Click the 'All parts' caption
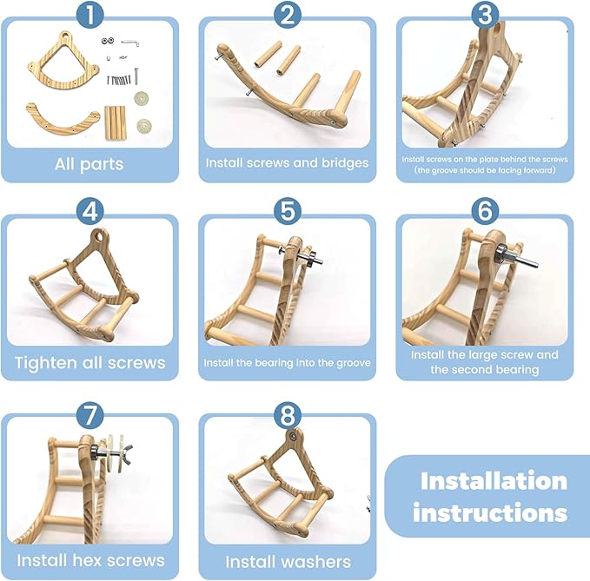tap(89, 163)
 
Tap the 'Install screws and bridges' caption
tap(287, 162)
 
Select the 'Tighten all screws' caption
tap(89, 361)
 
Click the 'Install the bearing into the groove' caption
tap(287, 361)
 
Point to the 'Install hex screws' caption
tap(89, 559)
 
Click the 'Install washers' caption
tap(287, 560)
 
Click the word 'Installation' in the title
tap(493, 480)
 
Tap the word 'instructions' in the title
tap(490, 512)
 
